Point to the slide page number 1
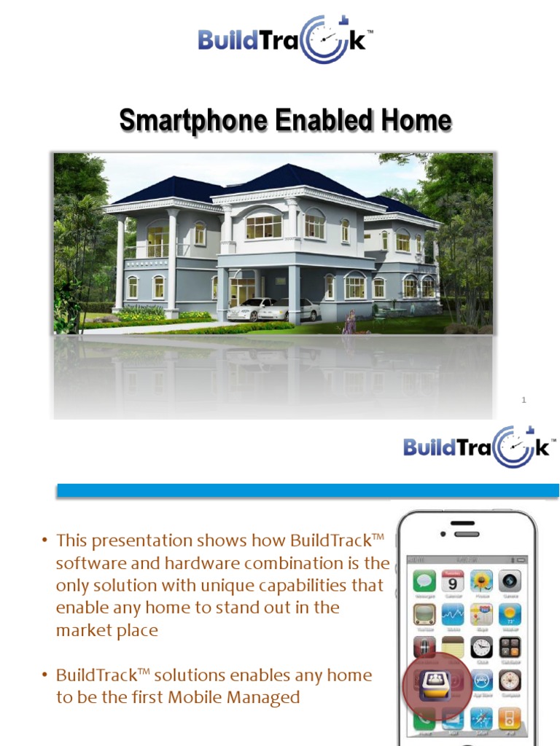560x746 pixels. click(524, 400)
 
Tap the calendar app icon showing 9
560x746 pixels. click(453, 581)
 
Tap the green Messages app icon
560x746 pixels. click(424, 581)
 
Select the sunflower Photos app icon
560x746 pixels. click(481, 581)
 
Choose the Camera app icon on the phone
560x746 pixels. click(510, 581)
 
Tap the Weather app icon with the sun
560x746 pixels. click(510, 614)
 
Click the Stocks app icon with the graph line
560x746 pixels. click(453, 614)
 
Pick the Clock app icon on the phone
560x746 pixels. click(481, 647)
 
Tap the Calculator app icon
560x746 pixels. click(510, 647)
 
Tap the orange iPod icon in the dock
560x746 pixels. click(510, 719)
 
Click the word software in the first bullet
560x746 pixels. click(85, 563)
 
